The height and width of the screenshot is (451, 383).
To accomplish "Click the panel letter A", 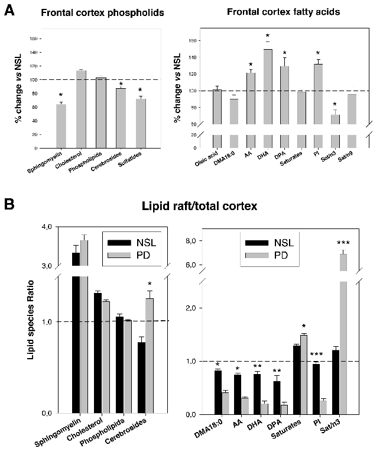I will tap(9, 11).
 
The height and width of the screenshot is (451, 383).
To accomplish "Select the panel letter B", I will tap(9, 205).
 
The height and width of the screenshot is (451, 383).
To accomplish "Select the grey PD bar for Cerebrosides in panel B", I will tap(150, 355).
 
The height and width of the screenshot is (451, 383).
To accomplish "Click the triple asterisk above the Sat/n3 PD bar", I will tap(343, 243).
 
